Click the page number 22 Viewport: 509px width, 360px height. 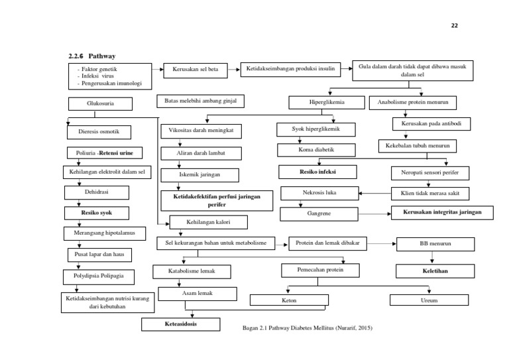(454, 26)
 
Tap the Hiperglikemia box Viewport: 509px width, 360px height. (327, 102)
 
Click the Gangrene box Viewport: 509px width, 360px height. (319, 214)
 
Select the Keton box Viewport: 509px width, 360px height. (290, 300)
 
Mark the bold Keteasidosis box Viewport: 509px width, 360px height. (181, 324)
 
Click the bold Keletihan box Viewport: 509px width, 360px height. (435, 270)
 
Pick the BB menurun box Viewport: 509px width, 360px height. (435, 244)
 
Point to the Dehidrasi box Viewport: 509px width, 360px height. (96, 192)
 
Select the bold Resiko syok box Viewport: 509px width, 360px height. (96, 213)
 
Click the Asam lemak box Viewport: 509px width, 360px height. (196, 293)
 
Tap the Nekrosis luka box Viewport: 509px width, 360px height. (319, 194)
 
